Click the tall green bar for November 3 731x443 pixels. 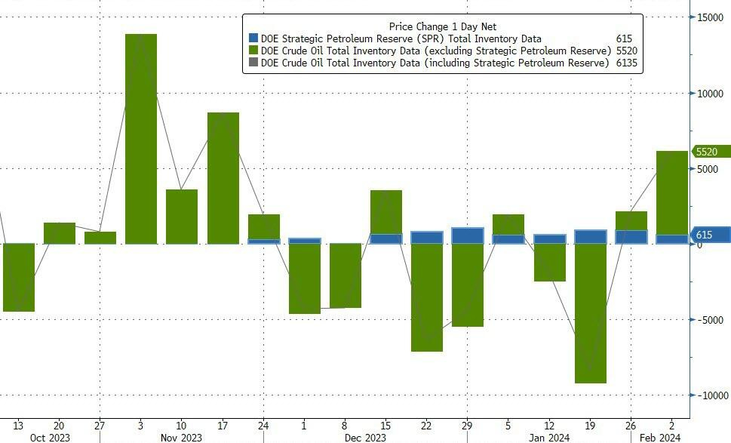[x=141, y=139]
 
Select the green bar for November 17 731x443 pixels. [x=223, y=178]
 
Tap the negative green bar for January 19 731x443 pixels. [x=591, y=313]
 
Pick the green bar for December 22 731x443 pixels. [x=427, y=297]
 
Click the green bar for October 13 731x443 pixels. [x=19, y=277]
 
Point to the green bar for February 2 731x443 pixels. [x=672, y=192]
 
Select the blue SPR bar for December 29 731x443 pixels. [x=468, y=235]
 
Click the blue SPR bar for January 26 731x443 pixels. [x=631, y=236]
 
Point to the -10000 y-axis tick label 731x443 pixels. [x=710, y=395]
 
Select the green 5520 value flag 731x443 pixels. [x=712, y=152]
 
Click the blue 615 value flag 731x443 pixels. [x=712, y=235]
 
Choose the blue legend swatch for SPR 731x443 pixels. [x=253, y=38]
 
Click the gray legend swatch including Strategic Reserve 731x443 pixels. [x=253, y=63]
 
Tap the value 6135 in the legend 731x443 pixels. [x=626, y=63]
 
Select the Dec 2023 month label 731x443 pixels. [x=365, y=437]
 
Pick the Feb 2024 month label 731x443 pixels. [x=660, y=437]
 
